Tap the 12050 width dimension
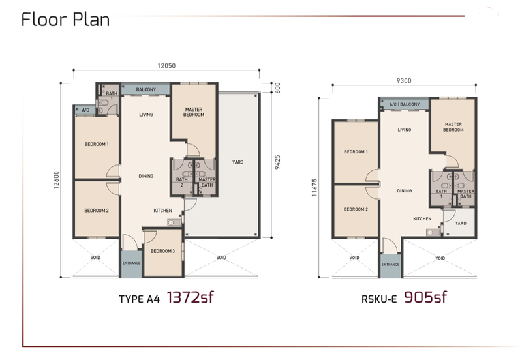point(166,65)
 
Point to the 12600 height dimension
point(57,181)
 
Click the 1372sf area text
point(191,298)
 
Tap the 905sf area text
point(425,298)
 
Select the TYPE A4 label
point(139,300)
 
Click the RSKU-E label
point(380,300)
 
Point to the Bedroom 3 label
point(162,252)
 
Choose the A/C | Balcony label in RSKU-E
point(405,104)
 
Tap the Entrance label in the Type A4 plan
point(132,263)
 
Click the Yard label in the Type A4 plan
point(238,162)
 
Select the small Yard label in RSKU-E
point(461,222)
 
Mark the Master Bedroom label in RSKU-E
point(453,127)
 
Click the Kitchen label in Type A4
point(162,211)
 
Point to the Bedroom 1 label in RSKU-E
point(356,152)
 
